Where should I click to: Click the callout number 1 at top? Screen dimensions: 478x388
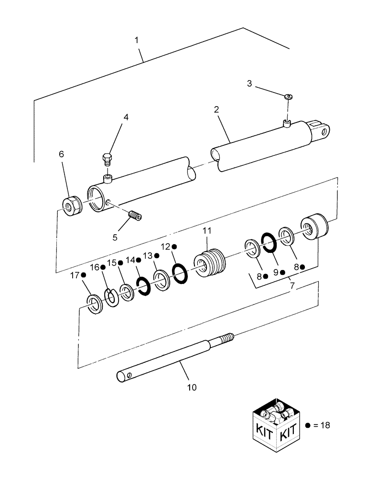coord(137,40)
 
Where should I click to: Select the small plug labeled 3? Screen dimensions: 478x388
coord(289,97)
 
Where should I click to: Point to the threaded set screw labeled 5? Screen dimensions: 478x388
coord(136,217)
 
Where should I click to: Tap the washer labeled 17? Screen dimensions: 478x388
coord(94,304)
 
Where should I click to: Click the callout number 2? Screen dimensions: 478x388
coord(216,109)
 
